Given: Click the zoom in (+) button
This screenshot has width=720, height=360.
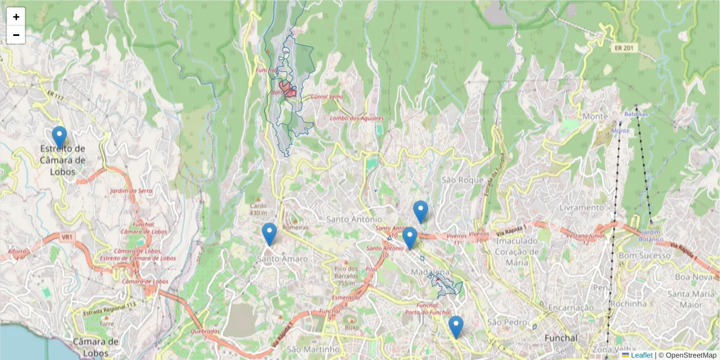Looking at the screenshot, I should click(x=16, y=17).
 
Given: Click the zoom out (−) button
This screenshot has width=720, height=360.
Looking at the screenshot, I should click(x=16, y=35).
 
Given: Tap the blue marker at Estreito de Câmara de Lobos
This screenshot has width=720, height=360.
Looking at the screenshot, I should click(x=59, y=137).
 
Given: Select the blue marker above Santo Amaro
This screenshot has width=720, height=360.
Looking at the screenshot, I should click(x=269, y=234).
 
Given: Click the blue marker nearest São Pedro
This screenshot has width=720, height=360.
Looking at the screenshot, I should click(x=456, y=327).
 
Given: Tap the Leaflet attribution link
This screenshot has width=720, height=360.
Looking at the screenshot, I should click(x=641, y=355).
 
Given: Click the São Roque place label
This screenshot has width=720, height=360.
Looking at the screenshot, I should click(x=462, y=179).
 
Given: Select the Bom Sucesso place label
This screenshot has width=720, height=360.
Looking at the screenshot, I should click(x=644, y=256).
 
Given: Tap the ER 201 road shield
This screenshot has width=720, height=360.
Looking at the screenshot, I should click(x=624, y=47).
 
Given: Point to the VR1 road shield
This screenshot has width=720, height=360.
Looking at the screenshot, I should click(x=66, y=237).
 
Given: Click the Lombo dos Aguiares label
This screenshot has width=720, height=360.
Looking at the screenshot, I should click(x=356, y=118).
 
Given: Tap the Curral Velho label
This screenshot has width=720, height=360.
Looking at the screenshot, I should click(x=326, y=97).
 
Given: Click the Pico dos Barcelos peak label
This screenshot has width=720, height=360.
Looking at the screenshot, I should click(x=346, y=272).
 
